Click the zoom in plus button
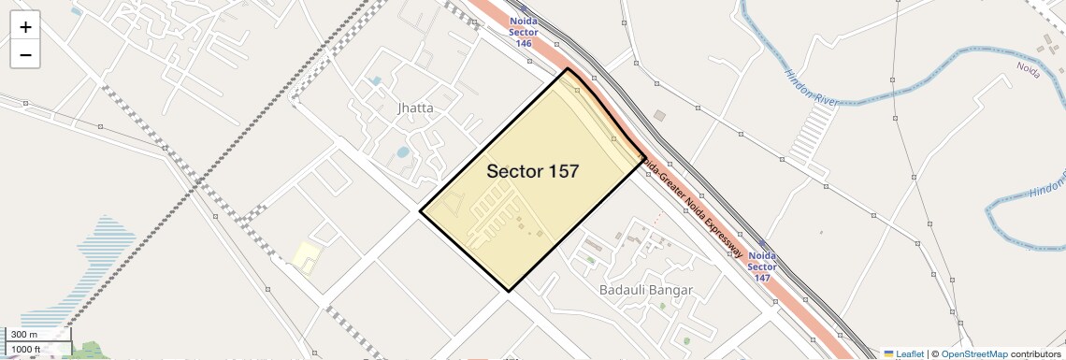point(25,27)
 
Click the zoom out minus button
point(25,55)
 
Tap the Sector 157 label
point(532,171)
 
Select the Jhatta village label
point(415,108)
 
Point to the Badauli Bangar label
point(646,290)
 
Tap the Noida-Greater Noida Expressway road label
point(692,209)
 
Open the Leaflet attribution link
point(904,353)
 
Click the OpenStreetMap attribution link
point(973,353)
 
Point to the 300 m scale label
point(24,335)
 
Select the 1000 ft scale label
point(26,349)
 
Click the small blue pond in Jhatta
point(403,151)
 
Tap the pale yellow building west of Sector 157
point(304,255)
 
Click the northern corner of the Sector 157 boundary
point(568,69)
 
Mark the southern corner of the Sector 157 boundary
point(510,291)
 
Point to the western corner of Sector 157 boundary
point(420,211)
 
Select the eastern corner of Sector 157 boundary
point(645,159)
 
